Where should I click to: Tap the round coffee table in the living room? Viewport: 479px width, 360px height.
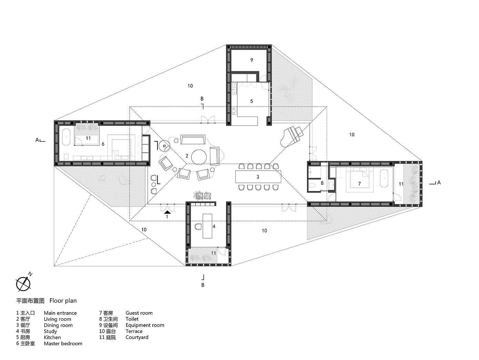(200, 157)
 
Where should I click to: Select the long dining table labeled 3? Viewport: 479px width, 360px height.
(258, 177)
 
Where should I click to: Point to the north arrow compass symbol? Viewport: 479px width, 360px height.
(23, 284)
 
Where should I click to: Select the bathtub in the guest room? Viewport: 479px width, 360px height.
(385, 178)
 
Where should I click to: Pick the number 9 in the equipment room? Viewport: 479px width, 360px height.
(252, 60)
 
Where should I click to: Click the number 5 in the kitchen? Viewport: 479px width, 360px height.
(252, 101)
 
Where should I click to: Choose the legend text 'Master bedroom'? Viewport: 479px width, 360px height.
(63, 343)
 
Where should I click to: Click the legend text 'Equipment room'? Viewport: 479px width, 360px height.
(145, 325)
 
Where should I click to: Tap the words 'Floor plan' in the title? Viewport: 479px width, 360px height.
(63, 301)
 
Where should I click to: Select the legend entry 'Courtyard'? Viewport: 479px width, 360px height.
(137, 337)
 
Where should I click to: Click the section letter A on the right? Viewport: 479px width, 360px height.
(439, 183)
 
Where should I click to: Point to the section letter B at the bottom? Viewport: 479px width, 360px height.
(203, 285)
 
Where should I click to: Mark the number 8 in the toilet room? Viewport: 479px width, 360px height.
(322, 183)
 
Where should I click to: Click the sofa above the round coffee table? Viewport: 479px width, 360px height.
(193, 140)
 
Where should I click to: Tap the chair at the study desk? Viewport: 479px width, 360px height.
(198, 226)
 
